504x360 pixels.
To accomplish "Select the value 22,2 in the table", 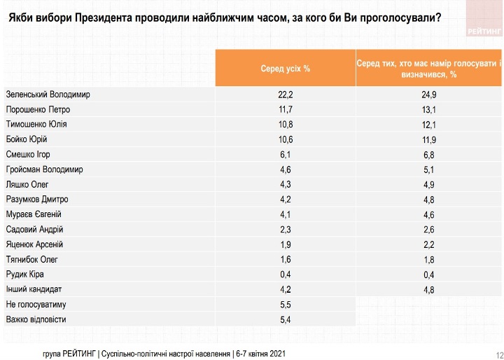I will coord(284,94).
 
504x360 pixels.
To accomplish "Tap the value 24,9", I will coord(429,94).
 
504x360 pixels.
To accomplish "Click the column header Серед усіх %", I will coord(284,69).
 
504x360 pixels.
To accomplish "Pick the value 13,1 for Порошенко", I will coord(429,109).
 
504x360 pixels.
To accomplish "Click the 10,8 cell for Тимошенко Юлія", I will coord(284,124).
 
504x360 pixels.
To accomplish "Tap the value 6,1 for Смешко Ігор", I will coord(284,154).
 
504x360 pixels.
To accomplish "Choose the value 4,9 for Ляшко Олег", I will coord(429,184).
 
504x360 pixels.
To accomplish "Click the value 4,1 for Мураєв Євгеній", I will coord(284,214).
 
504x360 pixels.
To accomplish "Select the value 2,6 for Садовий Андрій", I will coord(429,229).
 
